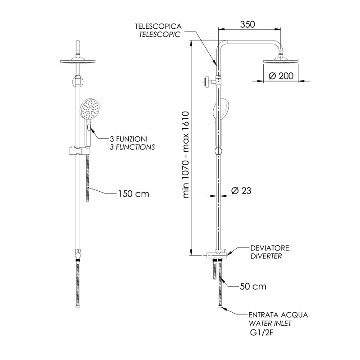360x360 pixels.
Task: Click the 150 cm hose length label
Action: pos(133,194)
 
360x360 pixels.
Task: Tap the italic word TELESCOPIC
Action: pos(159,35)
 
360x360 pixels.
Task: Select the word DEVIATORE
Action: pos(270,248)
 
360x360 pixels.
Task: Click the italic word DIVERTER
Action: pos(266,256)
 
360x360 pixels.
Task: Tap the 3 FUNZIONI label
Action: pos(129,139)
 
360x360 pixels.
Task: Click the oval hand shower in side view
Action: pos(222,110)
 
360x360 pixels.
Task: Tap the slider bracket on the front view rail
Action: pos(78,149)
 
